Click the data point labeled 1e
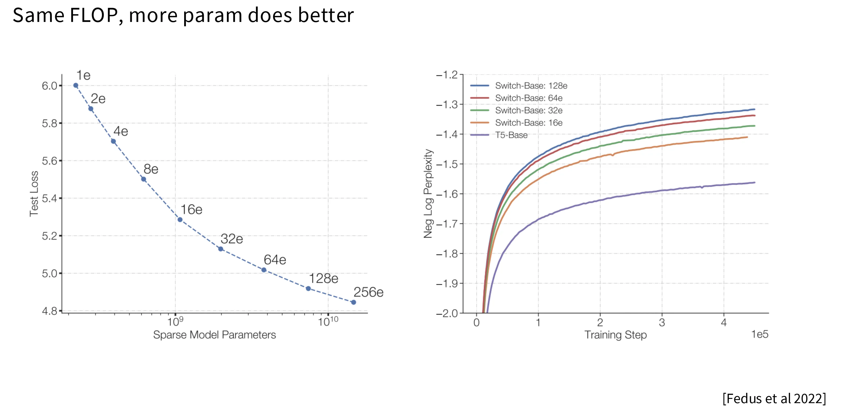point(76,86)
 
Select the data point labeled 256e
point(353,302)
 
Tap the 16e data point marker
point(180,220)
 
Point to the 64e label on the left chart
point(275,260)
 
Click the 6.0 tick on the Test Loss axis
point(50,86)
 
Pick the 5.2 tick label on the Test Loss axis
point(50,236)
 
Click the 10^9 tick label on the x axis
point(175,321)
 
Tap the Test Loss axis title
point(34,194)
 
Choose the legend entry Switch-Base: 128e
point(531,86)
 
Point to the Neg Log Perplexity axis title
point(428,194)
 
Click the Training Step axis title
point(615,335)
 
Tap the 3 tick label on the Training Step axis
point(662,322)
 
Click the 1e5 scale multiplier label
point(760,335)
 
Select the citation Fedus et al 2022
point(774,399)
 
